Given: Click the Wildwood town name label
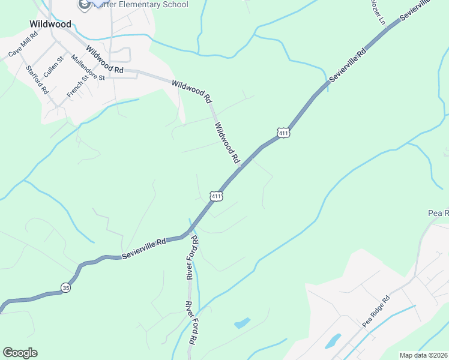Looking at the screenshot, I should click(x=50, y=25).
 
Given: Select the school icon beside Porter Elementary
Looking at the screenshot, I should click(x=83, y=5).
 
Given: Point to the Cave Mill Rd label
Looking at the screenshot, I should click(x=23, y=44).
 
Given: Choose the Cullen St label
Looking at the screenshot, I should click(x=53, y=66).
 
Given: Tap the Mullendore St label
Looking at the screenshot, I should click(x=88, y=67).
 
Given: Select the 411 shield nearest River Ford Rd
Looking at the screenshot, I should click(x=217, y=196).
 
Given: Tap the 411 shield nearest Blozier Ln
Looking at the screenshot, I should click(x=284, y=132).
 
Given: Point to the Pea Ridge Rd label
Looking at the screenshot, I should click(x=377, y=310).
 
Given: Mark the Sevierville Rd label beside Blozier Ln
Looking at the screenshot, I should click(x=348, y=66).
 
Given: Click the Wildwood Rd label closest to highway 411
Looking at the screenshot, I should click(x=227, y=143).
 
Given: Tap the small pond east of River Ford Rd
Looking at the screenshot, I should click(x=242, y=323).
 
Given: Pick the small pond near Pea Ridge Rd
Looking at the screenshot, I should click(x=332, y=341).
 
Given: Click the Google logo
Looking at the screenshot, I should click(x=20, y=353).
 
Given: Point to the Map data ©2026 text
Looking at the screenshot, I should click(x=423, y=355).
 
